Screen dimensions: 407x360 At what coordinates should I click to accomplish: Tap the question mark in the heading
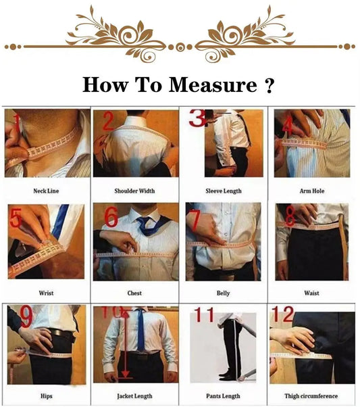(x=269, y=86)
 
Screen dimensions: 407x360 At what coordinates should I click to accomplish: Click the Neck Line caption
(x=46, y=191)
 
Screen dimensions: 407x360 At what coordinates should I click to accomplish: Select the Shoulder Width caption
(x=134, y=191)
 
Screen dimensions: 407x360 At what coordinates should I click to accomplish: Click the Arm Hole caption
(x=313, y=191)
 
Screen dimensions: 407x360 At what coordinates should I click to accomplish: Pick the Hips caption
(x=46, y=396)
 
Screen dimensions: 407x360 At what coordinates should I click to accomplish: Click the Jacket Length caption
(x=134, y=396)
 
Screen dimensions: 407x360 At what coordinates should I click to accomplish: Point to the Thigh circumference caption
(x=313, y=396)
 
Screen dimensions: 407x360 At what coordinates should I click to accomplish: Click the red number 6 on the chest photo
(x=111, y=218)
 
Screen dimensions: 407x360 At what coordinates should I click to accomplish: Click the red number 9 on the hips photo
(x=26, y=316)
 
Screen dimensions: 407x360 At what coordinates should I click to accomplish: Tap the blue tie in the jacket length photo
(x=140, y=327)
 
